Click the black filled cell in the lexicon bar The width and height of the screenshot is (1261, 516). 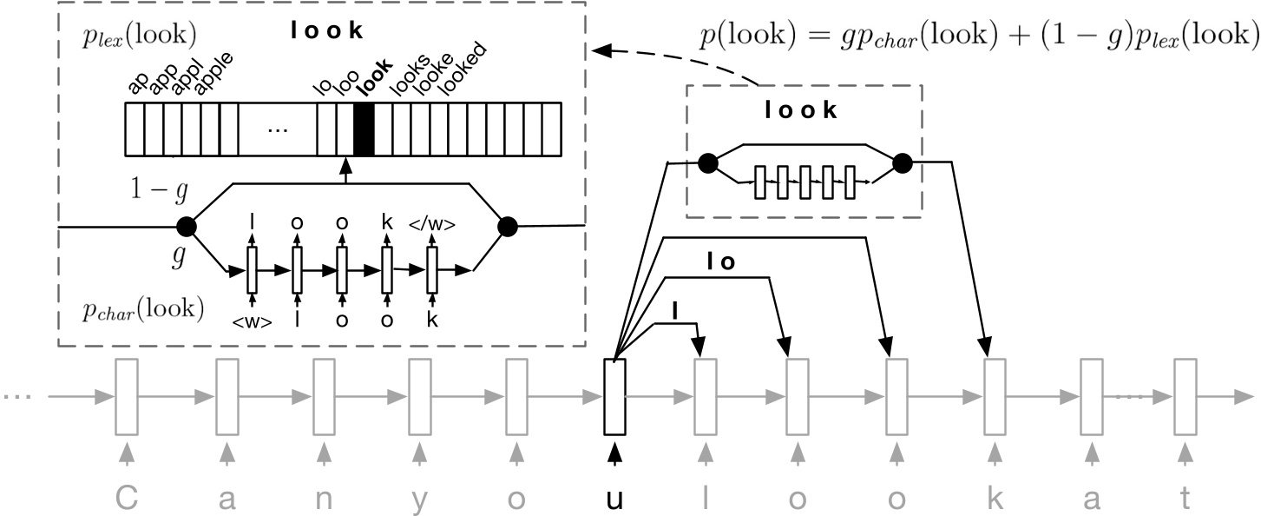(364, 129)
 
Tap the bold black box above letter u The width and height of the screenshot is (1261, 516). (614, 397)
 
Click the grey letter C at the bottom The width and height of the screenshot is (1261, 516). (128, 499)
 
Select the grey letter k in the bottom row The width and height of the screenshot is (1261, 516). (995, 499)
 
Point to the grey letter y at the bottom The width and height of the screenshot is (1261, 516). (420, 501)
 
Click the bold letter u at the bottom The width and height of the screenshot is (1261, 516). (614, 500)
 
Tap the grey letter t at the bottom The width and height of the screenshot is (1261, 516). (1185, 499)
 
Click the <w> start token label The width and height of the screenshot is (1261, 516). (253, 321)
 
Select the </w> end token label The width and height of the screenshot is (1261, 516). (432, 224)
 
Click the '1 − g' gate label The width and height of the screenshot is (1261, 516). (159, 190)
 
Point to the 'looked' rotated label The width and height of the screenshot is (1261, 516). (463, 69)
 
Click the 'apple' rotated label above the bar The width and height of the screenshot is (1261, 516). (213, 73)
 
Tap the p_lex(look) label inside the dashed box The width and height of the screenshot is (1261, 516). (140, 36)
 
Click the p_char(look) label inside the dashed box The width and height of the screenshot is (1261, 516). (143, 309)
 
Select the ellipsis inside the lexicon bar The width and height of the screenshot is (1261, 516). (278, 130)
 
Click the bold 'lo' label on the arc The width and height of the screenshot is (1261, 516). (721, 262)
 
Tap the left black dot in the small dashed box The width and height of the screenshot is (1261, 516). (708, 163)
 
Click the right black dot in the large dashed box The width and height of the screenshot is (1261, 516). (508, 227)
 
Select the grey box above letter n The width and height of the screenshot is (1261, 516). (324, 397)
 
